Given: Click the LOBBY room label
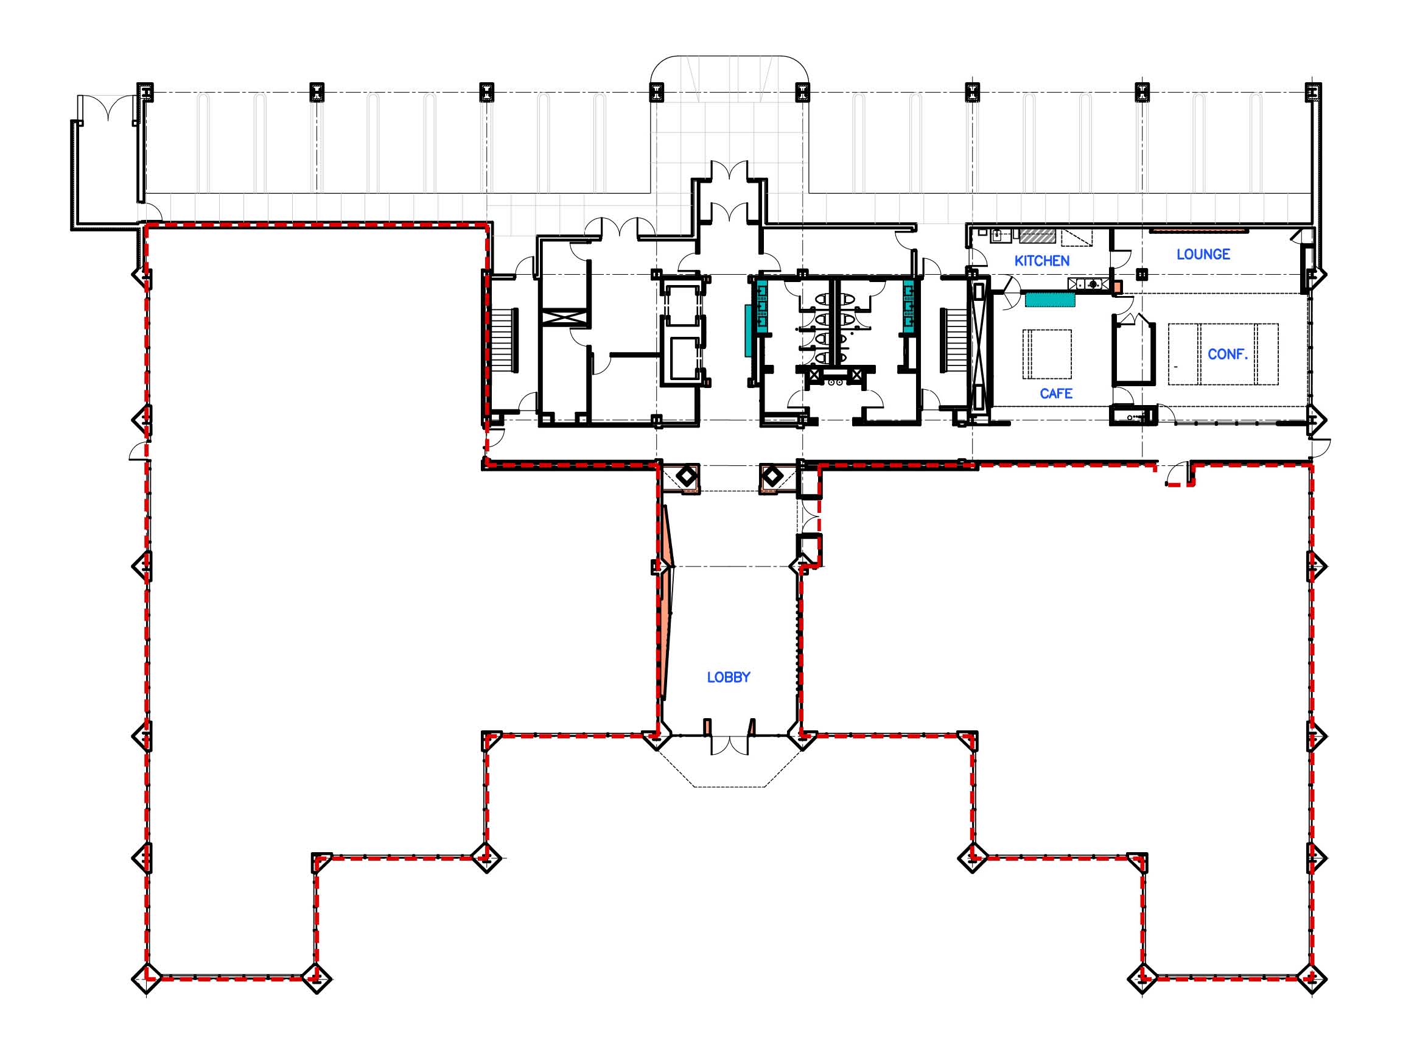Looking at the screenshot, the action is point(729,677).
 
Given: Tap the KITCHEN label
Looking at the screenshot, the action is point(1041,261).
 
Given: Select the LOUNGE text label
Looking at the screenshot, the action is point(1203,255).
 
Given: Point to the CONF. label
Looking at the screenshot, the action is point(1228,354).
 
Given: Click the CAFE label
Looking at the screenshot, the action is point(1056,394).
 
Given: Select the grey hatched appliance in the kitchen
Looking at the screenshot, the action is point(1037,236).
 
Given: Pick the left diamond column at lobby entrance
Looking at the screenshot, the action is point(686,476).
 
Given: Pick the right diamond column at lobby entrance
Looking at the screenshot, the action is point(771,476).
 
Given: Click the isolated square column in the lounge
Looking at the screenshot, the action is point(1142,274).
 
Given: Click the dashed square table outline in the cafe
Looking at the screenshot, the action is point(1046,353).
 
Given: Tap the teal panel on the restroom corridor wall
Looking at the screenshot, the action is point(748,331).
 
